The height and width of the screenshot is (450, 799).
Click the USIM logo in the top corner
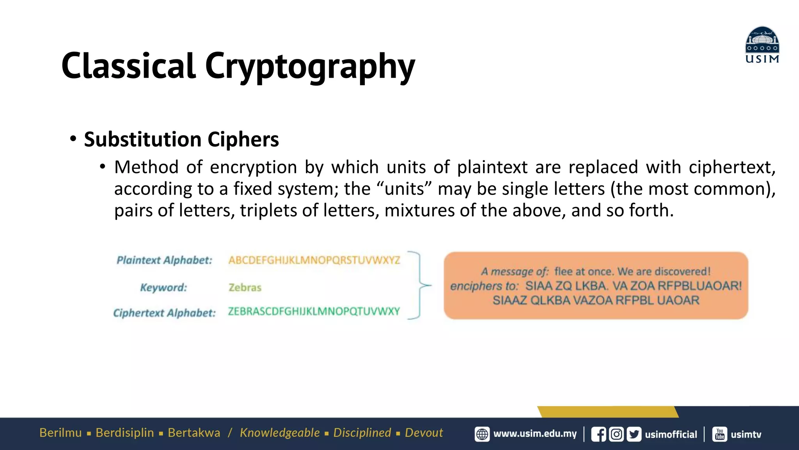pos(762,45)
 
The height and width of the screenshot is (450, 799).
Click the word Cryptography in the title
pos(310,66)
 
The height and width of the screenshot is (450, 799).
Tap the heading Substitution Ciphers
pos(181,139)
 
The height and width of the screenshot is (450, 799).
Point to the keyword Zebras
pos(245,287)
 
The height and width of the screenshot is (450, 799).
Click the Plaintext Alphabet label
pos(164,260)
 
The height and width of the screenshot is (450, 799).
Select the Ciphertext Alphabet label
pos(164,313)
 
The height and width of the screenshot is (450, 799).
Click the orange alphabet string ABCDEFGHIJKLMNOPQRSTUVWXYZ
pos(314,260)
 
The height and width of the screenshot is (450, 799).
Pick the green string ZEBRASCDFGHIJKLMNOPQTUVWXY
pos(314,311)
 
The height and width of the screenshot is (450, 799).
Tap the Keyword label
pos(163,287)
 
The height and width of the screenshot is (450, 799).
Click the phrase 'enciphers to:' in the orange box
pos(484,286)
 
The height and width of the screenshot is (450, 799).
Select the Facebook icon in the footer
pos(598,434)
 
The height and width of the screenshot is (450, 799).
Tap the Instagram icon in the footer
pos(616,434)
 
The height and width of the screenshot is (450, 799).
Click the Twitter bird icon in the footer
pos(634,434)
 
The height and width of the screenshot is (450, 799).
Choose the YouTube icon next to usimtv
pos(720,434)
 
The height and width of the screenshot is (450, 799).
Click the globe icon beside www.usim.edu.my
pos(482,434)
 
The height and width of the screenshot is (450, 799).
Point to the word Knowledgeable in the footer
pos(280,433)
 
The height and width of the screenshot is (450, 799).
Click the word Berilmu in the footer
pos(60,433)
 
